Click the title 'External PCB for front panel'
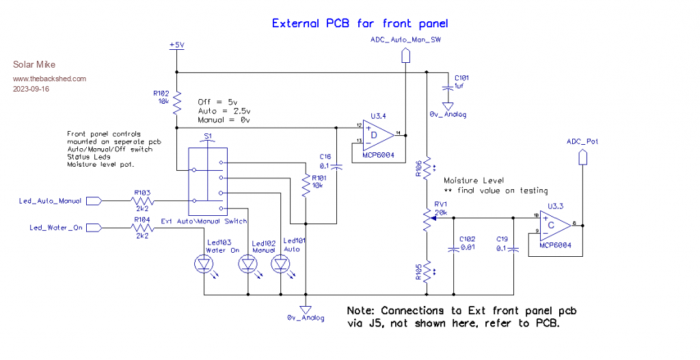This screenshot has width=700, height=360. click(x=360, y=23)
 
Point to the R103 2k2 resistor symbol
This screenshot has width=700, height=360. click(x=143, y=201)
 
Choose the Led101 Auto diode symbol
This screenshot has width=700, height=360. click(x=280, y=264)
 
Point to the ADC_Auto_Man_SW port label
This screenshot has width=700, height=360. click(x=405, y=40)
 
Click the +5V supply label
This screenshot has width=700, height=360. click(x=176, y=44)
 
